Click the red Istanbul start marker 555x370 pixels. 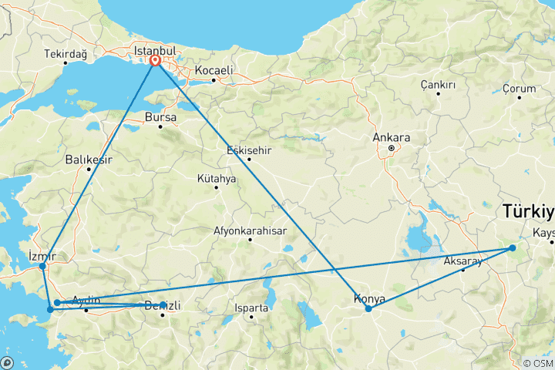click(156, 60)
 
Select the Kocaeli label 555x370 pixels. click(214, 70)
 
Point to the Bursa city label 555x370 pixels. click(160, 117)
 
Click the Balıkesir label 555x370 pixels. click(89, 160)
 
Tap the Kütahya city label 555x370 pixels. click(217, 178)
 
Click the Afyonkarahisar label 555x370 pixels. click(250, 230)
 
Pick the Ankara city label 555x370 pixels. click(391, 138)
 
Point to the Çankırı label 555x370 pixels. click(438, 84)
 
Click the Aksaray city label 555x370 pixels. click(462, 261)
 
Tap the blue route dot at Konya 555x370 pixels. click(368, 308)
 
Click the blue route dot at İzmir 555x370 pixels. click(42, 267)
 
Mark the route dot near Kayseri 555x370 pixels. click(512, 248)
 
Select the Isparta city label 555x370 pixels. click(252, 308)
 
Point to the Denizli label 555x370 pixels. click(163, 306)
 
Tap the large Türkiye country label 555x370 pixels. click(528, 210)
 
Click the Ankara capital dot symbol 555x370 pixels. click(391, 148)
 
